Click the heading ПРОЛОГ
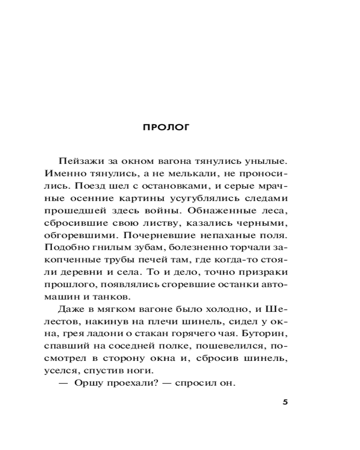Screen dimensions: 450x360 pyautogui.click(x=166, y=127)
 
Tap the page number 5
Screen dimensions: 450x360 pyautogui.click(x=284, y=402)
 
